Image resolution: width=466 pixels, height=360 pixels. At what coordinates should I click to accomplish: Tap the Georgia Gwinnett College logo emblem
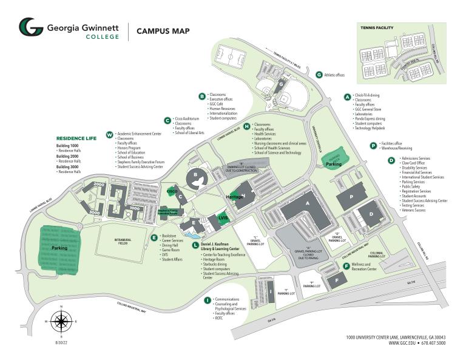30,29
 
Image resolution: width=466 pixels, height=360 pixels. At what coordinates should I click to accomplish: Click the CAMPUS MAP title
163,31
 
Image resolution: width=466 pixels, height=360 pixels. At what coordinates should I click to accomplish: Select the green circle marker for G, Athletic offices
319,75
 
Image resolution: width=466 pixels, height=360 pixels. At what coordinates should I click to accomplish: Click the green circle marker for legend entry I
208,300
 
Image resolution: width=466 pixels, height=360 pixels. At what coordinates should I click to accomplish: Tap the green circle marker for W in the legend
109,134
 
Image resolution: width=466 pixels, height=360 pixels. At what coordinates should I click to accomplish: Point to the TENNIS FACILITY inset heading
377,28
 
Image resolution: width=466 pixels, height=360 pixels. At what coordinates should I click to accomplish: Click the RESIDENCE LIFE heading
76,138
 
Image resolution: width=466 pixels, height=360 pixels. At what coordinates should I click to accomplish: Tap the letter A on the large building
308,203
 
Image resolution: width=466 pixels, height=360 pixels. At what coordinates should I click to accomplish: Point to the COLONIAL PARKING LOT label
377,254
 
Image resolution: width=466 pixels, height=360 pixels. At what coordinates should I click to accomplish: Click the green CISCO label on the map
171,191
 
